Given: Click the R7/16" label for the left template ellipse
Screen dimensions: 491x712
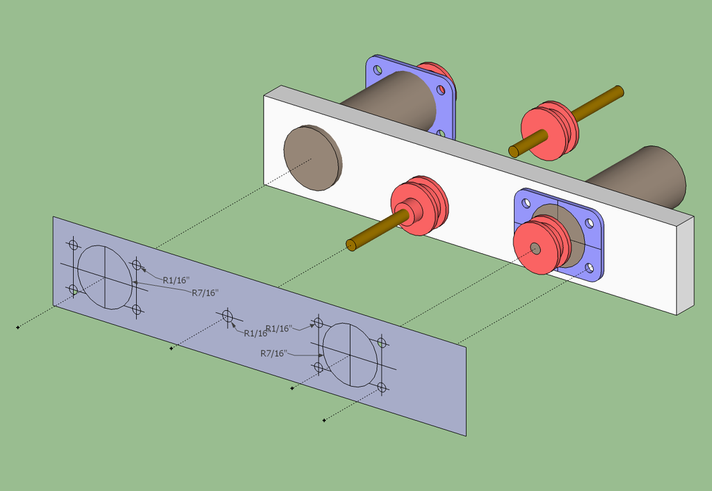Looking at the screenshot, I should click(205, 293).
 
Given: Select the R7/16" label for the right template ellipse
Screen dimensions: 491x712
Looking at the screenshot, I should click(273, 353).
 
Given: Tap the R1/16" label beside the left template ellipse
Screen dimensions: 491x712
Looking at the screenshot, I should click(175, 280).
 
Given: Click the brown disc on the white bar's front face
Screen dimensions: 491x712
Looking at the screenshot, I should click(313, 159).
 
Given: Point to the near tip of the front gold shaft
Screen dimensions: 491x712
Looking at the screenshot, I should click(352, 245).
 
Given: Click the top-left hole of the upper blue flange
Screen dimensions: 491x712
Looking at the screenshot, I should click(378, 70).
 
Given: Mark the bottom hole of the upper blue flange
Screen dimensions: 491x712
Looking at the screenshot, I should click(439, 133).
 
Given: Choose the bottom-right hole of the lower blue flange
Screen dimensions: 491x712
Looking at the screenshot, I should click(590, 267).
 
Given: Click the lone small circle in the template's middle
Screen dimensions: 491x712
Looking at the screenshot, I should click(227, 316).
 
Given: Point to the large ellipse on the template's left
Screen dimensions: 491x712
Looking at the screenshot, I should click(104, 277).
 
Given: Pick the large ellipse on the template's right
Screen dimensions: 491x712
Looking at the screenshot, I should click(350, 353).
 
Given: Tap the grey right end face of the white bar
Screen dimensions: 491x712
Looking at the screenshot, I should click(685, 264).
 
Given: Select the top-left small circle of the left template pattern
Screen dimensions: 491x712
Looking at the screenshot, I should click(73, 244).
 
